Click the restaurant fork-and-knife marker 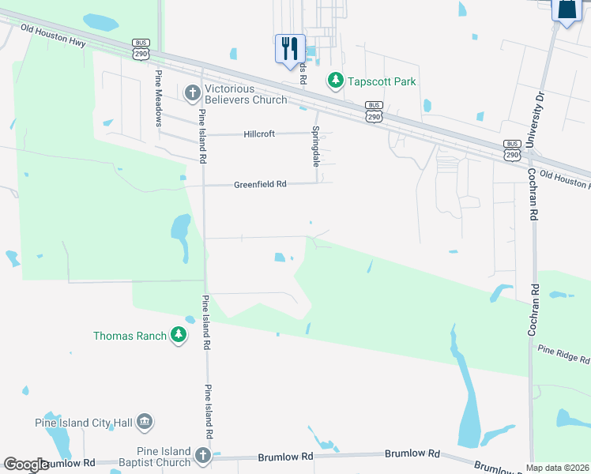pyautogui.click(x=290, y=48)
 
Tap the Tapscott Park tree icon pyautogui.click(x=336, y=81)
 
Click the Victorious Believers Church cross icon pyautogui.click(x=191, y=94)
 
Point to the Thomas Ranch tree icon pyautogui.click(x=179, y=336)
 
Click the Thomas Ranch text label pyautogui.click(x=130, y=336)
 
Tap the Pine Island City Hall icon pyautogui.click(x=145, y=423)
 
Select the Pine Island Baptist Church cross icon pyautogui.click(x=203, y=456)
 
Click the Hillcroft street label pyautogui.click(x=259, y=134)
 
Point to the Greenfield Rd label pyautogui.click(x=260, y=184)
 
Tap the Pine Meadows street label pyautogui.click(x=159, y=97)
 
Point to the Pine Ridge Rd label pyautogui.click(x=563, y=353)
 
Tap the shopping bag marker pyautogui.click(x=567, y=11)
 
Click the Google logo pyautogui.click(x=25, y=465)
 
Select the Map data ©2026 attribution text pyautogui.click(x=558, y=468)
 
